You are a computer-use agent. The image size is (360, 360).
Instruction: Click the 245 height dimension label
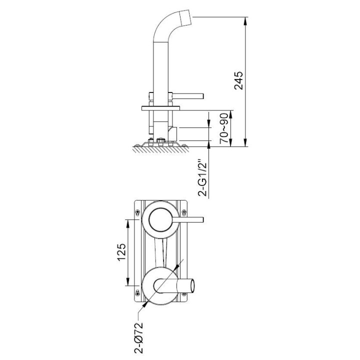(x=238, y=80)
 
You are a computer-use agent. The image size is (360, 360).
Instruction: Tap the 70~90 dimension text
(x=224, y=128)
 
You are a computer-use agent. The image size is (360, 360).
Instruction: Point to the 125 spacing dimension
(x=121, y=252)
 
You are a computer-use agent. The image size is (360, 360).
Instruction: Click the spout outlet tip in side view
(x=185, y=17)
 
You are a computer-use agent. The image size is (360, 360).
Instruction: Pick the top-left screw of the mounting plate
(x=137, y=212)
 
